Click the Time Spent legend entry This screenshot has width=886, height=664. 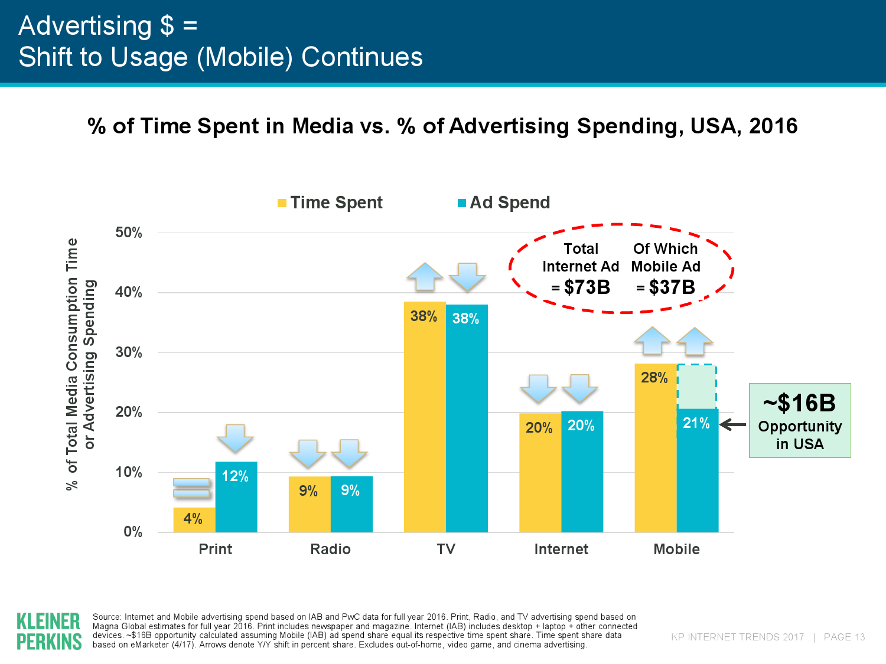tap(330, 202)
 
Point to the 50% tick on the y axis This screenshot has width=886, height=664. tap(129, 233)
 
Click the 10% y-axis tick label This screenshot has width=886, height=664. tap(129, 472)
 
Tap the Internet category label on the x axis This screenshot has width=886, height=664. tap(561, 549)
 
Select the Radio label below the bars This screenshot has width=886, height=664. tap(330, 549)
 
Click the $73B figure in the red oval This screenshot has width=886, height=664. tap(587, 287)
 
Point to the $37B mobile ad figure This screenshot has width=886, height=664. tap(672, 287)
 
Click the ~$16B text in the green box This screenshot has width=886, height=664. tap(799, 404)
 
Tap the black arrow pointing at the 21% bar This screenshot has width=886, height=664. tap(733, 424)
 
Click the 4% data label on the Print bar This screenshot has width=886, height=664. tap(193, 519)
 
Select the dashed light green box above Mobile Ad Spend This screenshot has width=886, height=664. tap(697, 387)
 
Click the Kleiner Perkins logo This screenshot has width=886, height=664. tap(49, 631)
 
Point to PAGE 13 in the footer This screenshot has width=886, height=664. tap(844, 637)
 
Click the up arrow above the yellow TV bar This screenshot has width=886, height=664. tap(425, 276)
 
